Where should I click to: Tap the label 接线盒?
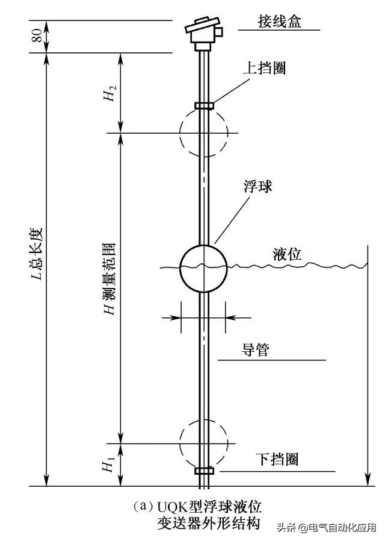[x=279, y=22]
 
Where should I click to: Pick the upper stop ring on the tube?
[x=204, y=106]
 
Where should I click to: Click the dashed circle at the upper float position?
[x=204, y=133]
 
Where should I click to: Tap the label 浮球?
[x=257, y=187]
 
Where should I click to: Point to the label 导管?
[x=256, y=350]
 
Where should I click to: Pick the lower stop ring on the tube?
[x=204, y=470]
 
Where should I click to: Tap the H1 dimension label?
[x=108, y=464]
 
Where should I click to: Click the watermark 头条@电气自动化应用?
[x=325, y=528]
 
